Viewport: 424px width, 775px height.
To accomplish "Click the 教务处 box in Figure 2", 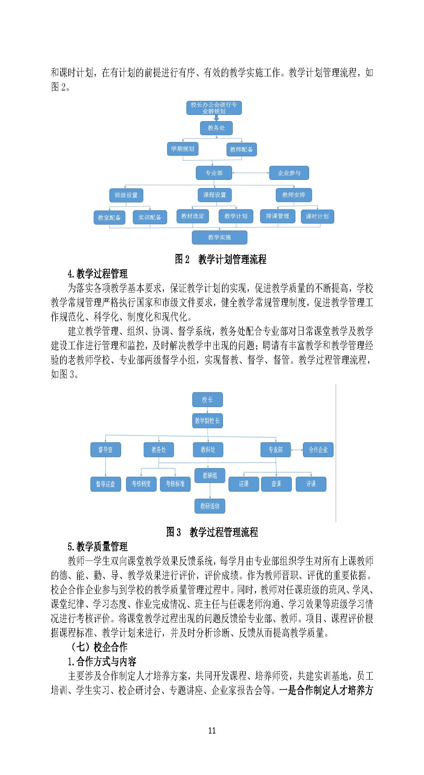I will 216,128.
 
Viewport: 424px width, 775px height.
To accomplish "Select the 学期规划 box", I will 182,149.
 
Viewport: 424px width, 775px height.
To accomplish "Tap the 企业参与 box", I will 289,173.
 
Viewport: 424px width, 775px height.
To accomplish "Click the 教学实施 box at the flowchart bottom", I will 219,237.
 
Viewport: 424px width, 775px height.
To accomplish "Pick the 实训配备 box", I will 150,217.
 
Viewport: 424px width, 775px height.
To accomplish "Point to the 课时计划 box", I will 317,216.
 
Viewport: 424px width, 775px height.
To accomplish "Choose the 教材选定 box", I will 193,216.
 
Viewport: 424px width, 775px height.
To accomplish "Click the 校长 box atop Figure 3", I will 207,400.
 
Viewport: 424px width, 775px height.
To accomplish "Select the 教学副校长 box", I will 207,421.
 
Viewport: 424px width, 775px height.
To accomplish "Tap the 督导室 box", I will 105,450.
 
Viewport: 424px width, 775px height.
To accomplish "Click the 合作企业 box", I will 318,450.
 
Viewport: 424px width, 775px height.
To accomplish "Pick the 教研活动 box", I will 210,506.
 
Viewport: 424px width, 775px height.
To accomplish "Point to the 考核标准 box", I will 175,484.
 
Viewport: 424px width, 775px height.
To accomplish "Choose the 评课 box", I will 311,484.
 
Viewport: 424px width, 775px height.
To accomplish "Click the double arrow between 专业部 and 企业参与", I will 250,173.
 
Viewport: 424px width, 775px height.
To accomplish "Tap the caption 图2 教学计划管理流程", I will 221,259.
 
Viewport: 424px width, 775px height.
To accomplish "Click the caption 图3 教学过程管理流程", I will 212,532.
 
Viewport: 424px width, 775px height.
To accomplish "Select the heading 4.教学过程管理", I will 98,274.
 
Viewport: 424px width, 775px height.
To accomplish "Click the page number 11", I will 212,731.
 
